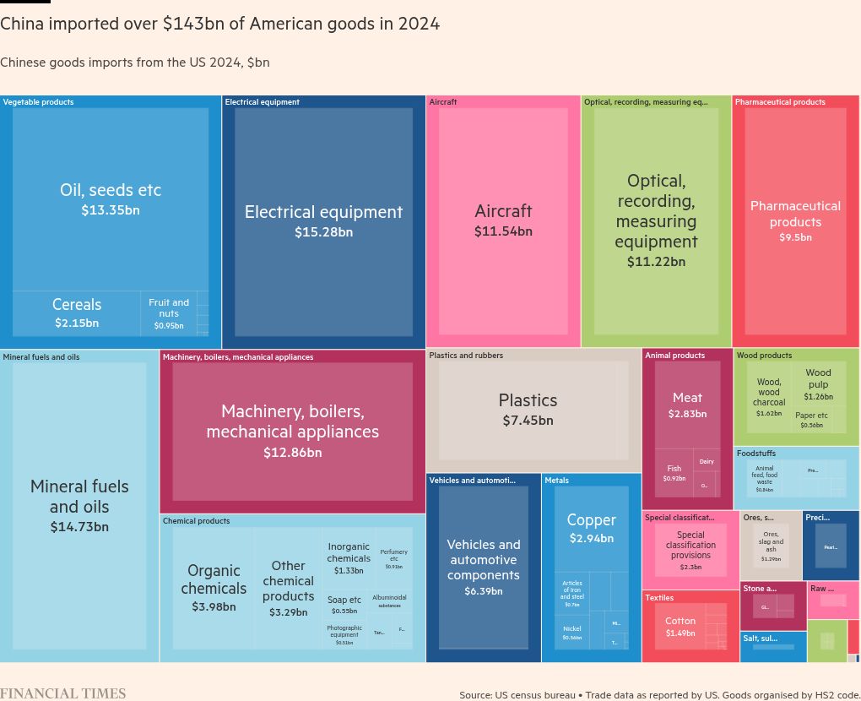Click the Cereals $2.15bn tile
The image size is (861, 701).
[77, 312]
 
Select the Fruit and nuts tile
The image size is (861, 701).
[169, 312]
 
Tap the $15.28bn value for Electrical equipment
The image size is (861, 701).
[323, 232]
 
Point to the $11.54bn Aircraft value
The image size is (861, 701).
[503, 231]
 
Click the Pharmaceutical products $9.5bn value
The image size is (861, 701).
[795, 238]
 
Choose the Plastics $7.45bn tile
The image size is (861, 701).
[528, 409]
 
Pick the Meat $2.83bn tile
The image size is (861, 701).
[687, 405]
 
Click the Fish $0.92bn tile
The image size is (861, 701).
[674, 473]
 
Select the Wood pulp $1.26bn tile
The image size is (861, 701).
[818, 384]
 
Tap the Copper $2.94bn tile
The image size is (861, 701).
[591, 528]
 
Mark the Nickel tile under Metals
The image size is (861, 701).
[572, 633]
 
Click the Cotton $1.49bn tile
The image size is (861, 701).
[680, 627]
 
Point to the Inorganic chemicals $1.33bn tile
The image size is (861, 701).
[349, 557]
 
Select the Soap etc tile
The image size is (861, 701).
[344, 605]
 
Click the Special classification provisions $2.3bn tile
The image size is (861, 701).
[690, 550]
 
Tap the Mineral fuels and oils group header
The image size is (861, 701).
[41, 357]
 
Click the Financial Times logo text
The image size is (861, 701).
[62, 693]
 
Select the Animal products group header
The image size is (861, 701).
[674, 356]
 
